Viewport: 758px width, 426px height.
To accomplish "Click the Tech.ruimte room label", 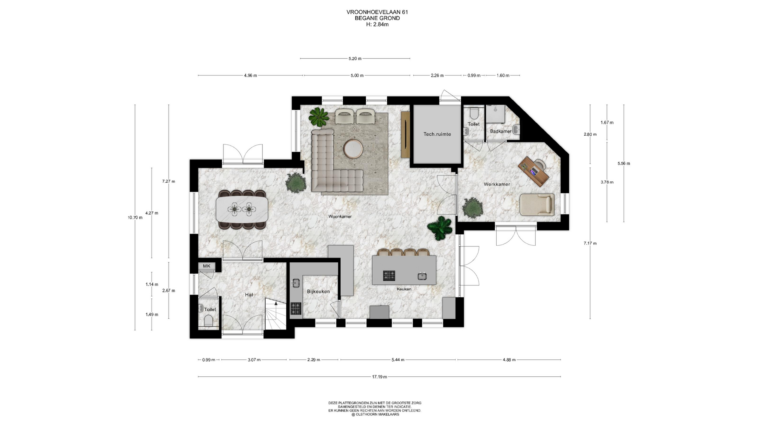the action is coord(437,134).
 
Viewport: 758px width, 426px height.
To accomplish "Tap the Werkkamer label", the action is coord(497,184).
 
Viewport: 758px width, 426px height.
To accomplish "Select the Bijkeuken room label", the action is coord(318,291).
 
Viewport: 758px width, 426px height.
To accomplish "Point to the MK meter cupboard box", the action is coord(206,266).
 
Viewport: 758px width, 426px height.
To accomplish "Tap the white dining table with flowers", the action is coord(242,209).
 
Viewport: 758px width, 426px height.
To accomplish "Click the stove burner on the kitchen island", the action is coord(389,275).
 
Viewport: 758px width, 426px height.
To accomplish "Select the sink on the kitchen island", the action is coord(422,276).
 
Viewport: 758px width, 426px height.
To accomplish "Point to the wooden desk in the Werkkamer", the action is coord(533,171).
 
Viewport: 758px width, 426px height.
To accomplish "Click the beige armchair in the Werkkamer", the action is coord(537,204).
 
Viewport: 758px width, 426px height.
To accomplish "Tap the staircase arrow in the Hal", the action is coord(276,303).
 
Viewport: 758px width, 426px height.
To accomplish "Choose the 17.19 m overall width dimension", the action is coord(379,377).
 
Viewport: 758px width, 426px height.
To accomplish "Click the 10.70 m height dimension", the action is coord(135,217).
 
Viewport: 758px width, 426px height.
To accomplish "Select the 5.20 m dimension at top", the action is coord(355,58).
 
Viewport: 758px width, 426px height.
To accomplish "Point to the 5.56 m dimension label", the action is coord(624,163).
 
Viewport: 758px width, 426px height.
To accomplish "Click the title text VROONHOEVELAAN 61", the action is coord(377,12).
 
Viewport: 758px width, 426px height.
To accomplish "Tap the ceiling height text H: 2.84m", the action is coord(377,24).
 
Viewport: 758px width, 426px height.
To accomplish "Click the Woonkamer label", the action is coord(340,217).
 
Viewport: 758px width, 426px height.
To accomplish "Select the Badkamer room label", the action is coord(501,131).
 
